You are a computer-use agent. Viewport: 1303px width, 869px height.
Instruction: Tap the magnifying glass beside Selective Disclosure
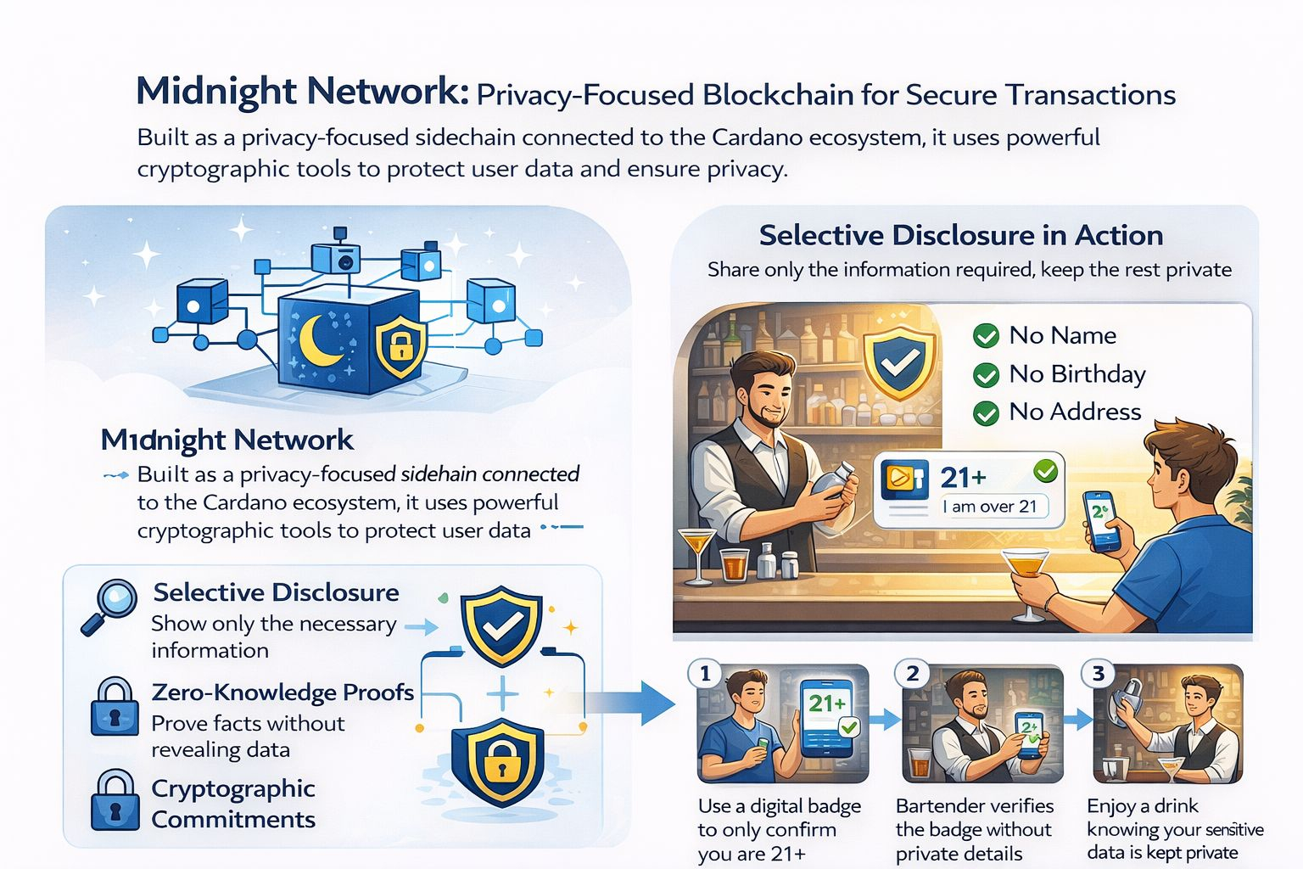(110, 605)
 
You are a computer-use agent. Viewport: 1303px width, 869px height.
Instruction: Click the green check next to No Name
(986, 336)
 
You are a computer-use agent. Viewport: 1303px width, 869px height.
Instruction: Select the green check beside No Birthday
(986, 374)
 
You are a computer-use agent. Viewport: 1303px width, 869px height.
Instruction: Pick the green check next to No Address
(986, 412)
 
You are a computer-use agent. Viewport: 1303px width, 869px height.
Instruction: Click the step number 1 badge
(705, 674)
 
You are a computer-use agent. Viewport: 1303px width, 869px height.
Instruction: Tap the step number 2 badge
(913, 674)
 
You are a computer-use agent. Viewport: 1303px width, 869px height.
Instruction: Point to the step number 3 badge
(1099, 674)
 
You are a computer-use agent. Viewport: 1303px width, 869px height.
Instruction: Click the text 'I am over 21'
(990, 507)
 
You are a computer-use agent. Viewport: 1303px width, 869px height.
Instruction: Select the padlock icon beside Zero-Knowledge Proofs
(115, 706)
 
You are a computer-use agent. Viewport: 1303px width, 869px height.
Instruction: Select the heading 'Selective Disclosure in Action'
(960, 235)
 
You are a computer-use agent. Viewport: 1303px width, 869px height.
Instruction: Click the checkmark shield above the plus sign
(501, 625)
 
